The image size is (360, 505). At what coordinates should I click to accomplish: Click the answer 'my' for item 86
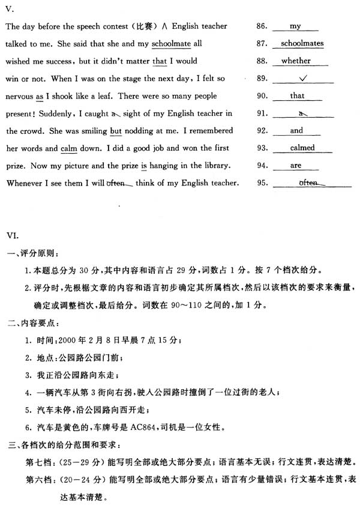(x=295, y=26)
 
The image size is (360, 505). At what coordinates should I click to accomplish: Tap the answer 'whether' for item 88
(x=296, y=61)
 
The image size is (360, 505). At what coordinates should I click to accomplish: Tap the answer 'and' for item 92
(x=297, y=130)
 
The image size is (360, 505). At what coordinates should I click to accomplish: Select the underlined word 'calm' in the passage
(x=68, y=148)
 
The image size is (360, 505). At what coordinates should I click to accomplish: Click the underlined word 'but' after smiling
(x=116, y=131)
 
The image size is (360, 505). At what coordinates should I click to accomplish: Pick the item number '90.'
(x=262, y=96)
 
